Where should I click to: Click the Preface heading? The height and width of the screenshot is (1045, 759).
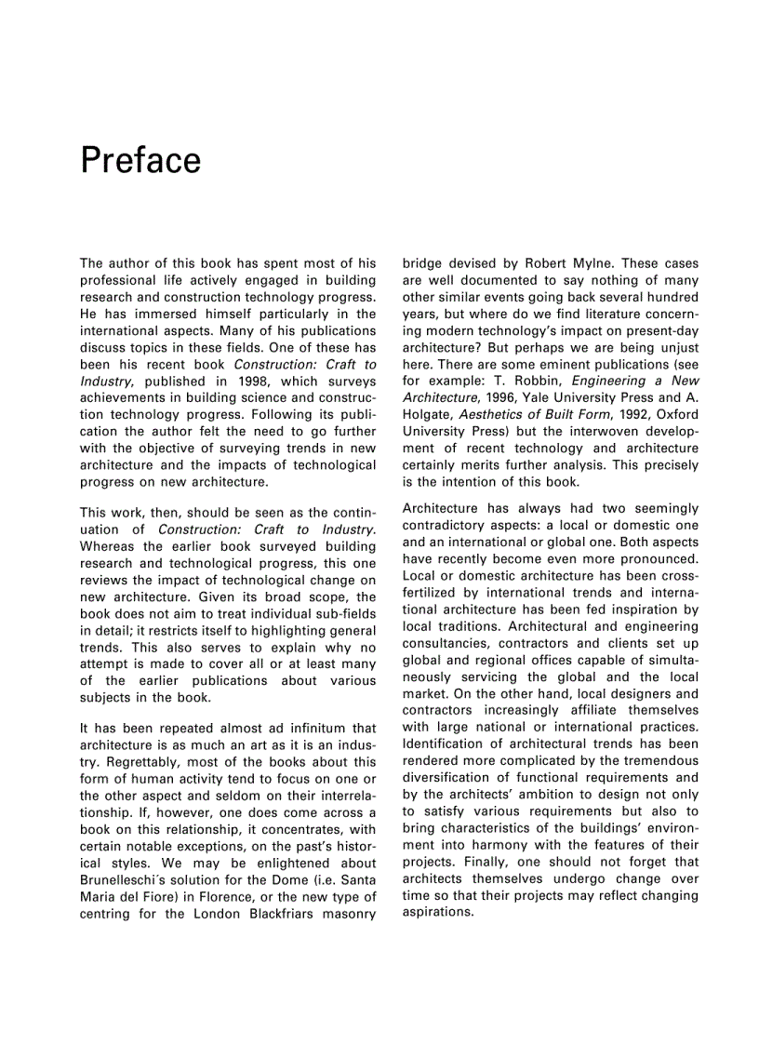(x=140, y=161)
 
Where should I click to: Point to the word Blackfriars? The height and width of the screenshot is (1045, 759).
(x=283, y=914)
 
